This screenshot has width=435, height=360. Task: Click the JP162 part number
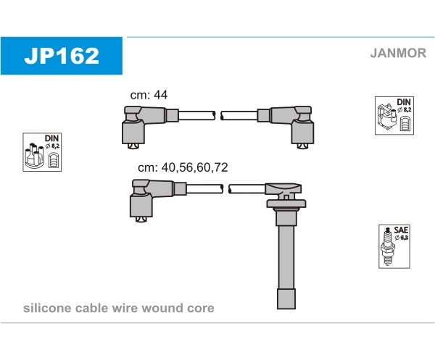[62, 56]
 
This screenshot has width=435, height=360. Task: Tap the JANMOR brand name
[398, 53]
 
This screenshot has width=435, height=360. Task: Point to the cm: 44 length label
[149, 95]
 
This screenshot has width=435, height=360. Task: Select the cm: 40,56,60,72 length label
[183, 167]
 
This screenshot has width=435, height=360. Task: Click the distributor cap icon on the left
[34, 155]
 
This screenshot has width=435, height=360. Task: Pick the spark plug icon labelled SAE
[387, 247]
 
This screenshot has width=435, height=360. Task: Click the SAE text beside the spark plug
[401, 230]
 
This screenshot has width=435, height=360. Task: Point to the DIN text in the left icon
[52, 138]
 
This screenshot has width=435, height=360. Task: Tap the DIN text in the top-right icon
[404, 102]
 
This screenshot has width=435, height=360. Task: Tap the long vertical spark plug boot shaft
[286, 257]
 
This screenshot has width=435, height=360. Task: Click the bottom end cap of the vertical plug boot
[286, 299]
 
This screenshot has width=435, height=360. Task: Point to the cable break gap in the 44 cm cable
[218, 116]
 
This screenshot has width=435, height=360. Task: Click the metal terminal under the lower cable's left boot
[141, 219]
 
